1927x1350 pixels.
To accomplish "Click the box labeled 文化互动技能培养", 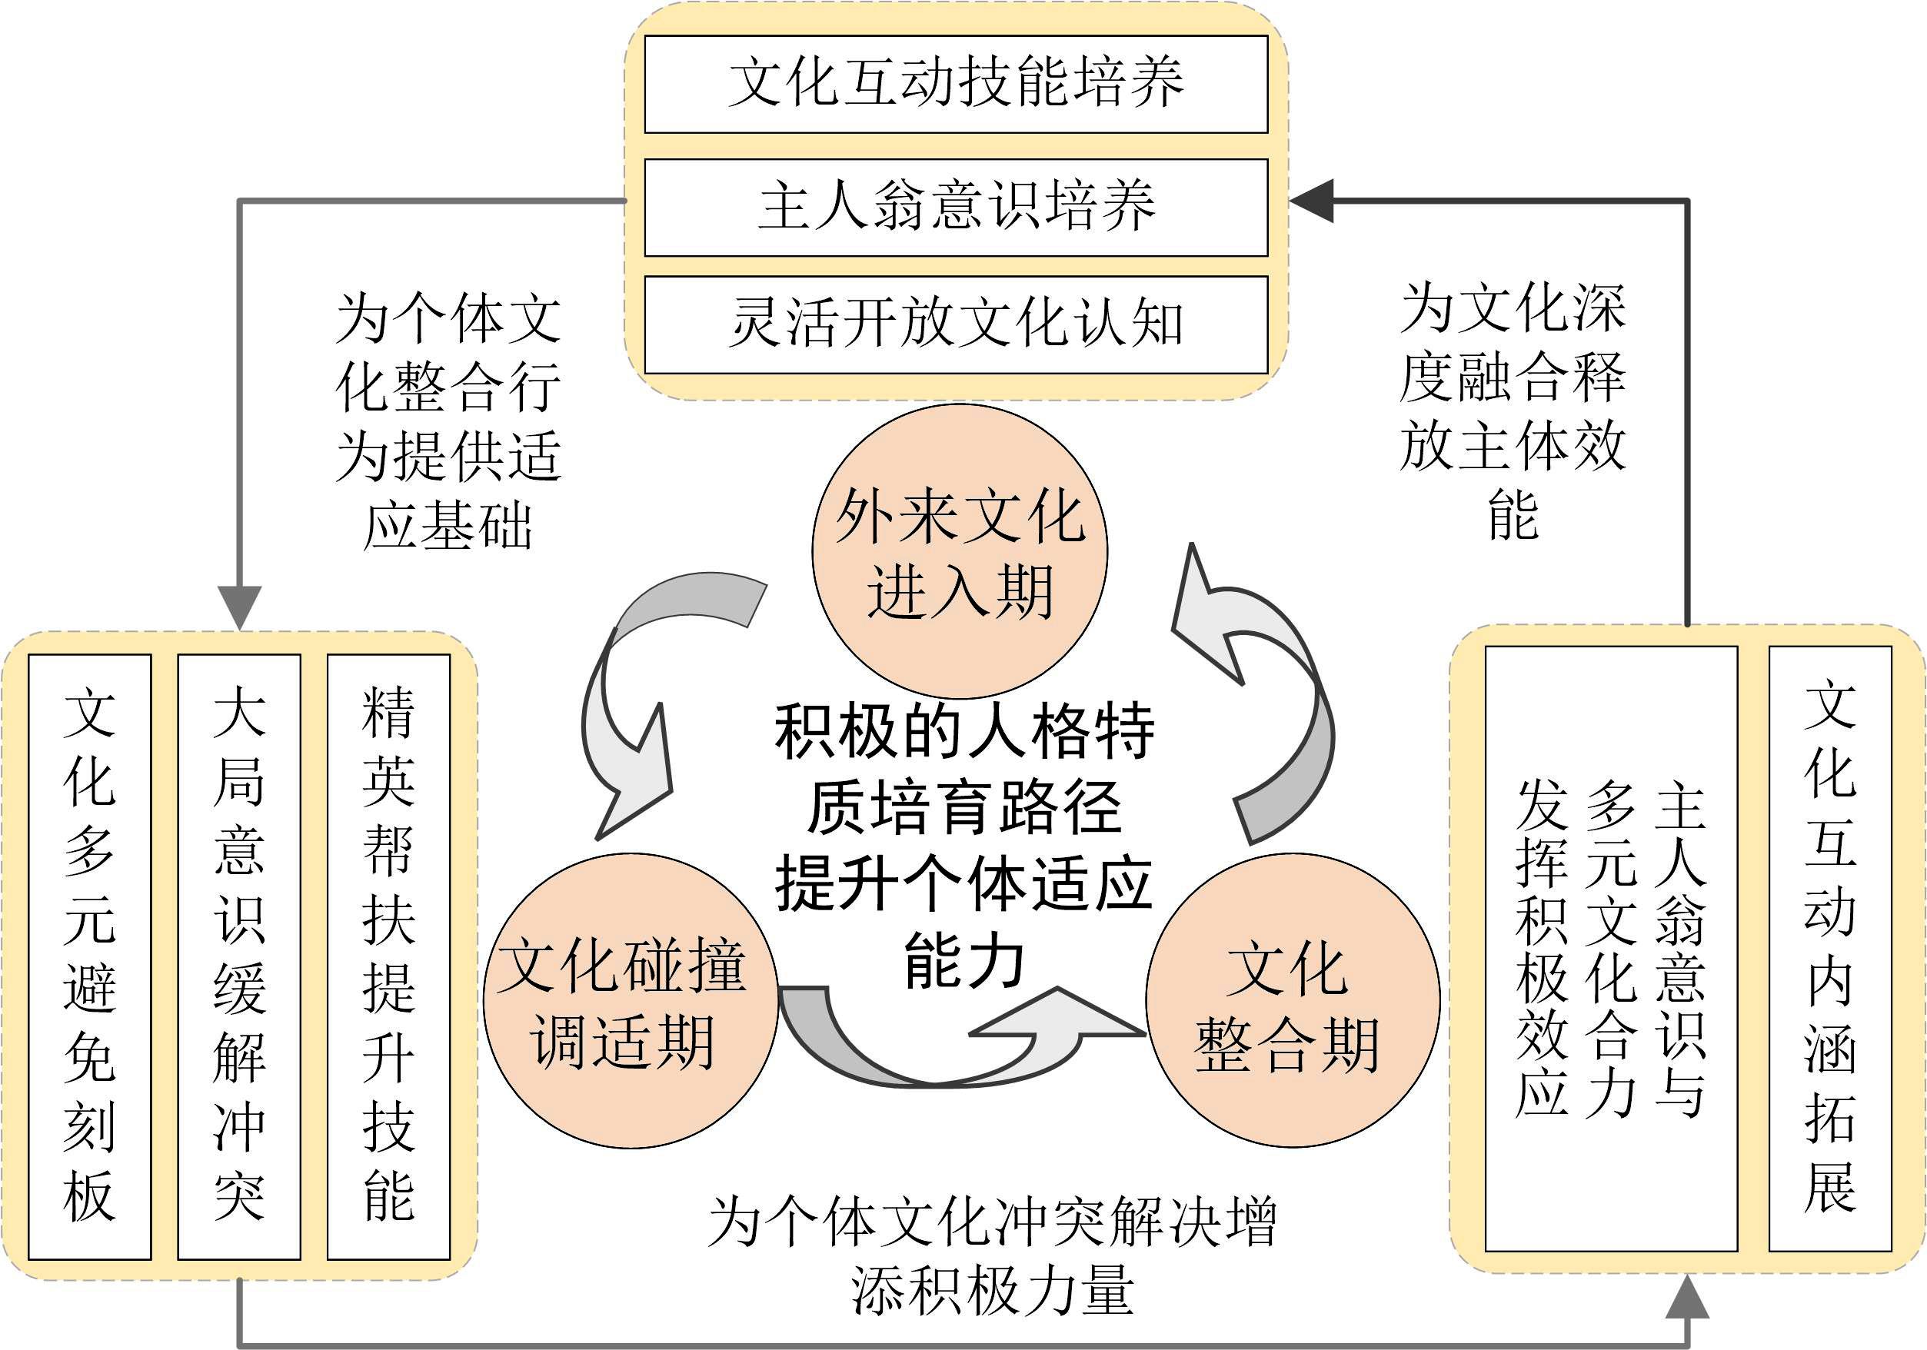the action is click(x=956, y=84).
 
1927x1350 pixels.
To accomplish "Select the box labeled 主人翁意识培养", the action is click(x=956, y=208).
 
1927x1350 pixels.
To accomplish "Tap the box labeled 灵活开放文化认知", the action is click(x=956, y=324).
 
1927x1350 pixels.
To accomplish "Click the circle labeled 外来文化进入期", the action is click(x=960, y=551).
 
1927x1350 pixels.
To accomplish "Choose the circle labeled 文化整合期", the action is click(x=1293, y=1000).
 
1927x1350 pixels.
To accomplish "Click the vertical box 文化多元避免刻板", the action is click(x=90, y=956).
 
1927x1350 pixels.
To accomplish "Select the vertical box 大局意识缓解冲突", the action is click(x=239, y=956).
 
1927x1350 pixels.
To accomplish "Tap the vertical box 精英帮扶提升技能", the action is click(x=388, y=956).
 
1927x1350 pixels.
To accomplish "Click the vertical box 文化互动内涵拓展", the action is click(x=1829, y=948).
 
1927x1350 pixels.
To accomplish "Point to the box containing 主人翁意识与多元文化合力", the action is click(x=1612, y=948).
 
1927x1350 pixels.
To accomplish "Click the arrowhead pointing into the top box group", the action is click(x=1312, y=201).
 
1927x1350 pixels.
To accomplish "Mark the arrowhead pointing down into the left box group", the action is click(x=239, y=607).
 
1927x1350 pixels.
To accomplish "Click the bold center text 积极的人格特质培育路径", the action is click(x=964, y=769).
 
